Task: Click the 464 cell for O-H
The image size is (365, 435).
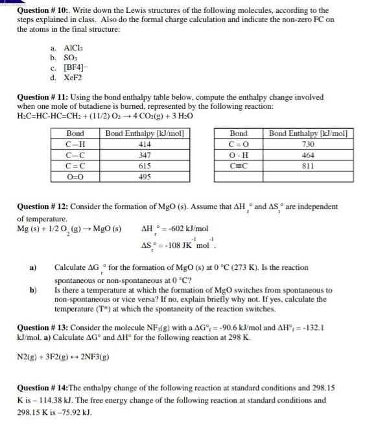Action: pos(309,155)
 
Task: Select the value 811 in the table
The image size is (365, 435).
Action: pos(309,166)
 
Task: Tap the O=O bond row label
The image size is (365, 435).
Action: pos(75,176)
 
